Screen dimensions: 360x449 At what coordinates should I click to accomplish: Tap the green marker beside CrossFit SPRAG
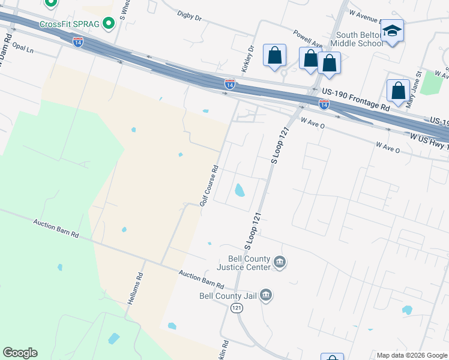[x=109, y=23]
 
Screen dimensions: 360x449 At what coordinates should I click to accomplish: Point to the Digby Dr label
[x=190, y=16]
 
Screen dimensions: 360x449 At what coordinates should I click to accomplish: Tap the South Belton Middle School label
[x=359, y=39]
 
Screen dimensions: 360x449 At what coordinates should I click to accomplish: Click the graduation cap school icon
[x=393, y=31]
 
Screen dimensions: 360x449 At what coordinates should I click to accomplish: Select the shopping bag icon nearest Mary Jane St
[x=398, y=91]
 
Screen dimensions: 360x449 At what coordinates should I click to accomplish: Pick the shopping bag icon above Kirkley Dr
[x=274, y=55]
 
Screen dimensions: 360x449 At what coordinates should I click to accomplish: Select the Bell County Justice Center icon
[x=279, y=262]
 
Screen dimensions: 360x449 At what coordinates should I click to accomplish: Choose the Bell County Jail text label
[x=229, y=295]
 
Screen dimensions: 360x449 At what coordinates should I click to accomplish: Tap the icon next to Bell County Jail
[x=267, y=295]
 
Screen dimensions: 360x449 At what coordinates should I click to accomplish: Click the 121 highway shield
[x=237, y=307]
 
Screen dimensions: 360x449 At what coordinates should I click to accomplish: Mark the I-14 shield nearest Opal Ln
[x=78, y=42]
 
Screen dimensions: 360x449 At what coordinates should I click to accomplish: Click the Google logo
[x=20, y=353]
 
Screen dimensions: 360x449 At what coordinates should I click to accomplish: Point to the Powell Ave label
[x=307, y=38]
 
